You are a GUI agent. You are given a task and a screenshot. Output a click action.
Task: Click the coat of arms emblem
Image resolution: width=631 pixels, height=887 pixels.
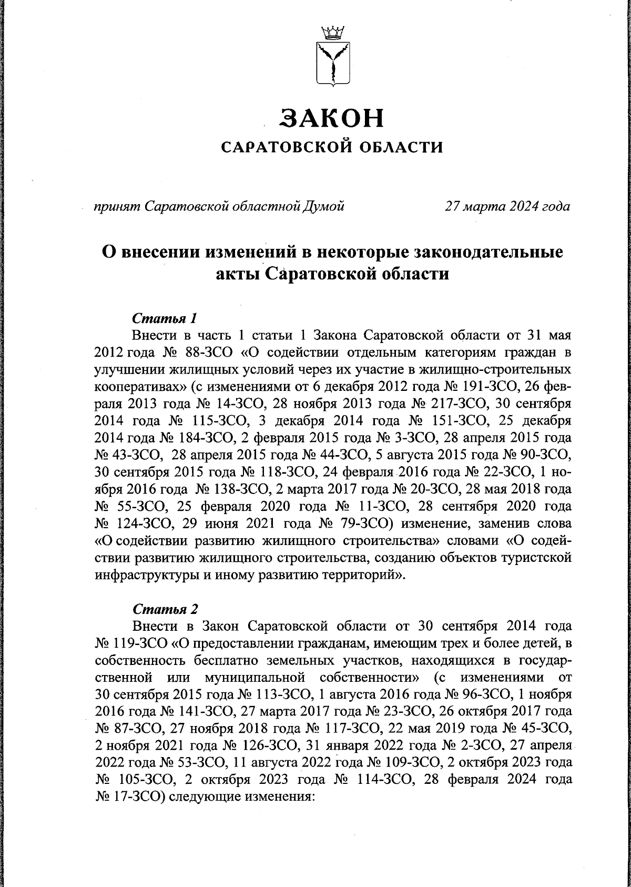(332, 63)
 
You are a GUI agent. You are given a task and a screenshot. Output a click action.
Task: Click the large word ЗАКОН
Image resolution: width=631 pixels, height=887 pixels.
(332, 118)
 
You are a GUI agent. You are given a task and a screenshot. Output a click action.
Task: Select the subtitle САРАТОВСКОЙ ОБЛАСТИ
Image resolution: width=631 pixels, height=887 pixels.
(332, 147)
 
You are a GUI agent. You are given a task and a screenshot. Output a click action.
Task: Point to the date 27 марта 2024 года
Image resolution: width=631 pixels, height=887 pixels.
(507, 206)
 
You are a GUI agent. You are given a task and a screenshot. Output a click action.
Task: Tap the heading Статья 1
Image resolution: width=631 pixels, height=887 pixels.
(165, 319)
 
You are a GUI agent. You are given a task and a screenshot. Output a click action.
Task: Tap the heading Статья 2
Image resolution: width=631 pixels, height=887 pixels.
(165, 609)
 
